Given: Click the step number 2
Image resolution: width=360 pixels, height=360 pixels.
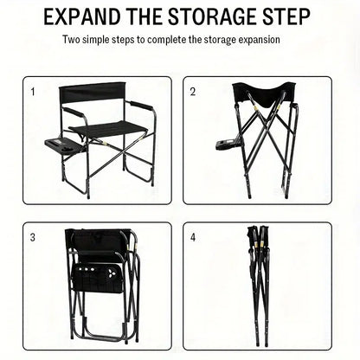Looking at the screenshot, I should pos(193,91).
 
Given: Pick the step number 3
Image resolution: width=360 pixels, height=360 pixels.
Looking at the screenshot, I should pos(34,237).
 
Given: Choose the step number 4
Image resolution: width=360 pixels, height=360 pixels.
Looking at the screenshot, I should pos(193,237).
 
